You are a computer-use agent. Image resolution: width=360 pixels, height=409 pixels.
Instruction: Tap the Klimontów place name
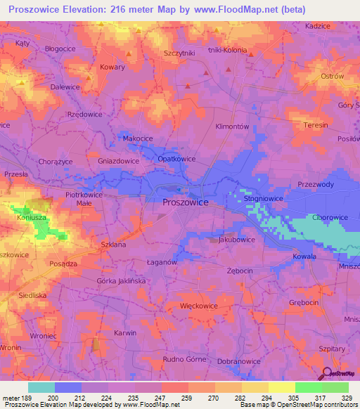[x=232, y=126]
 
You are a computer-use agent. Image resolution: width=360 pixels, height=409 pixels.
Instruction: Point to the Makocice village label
[x=138, y=139]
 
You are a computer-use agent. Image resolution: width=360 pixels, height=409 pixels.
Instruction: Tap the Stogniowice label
[x=263, y=200]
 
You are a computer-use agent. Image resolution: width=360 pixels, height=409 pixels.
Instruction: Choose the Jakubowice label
[x=236, y=240]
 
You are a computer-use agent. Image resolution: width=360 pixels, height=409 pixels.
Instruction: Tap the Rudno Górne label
[x=184, y=360]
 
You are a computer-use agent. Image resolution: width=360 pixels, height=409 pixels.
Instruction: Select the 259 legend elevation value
[x=188, y=398]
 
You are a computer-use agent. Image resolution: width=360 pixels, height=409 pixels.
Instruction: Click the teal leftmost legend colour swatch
[x=41, y=387]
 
